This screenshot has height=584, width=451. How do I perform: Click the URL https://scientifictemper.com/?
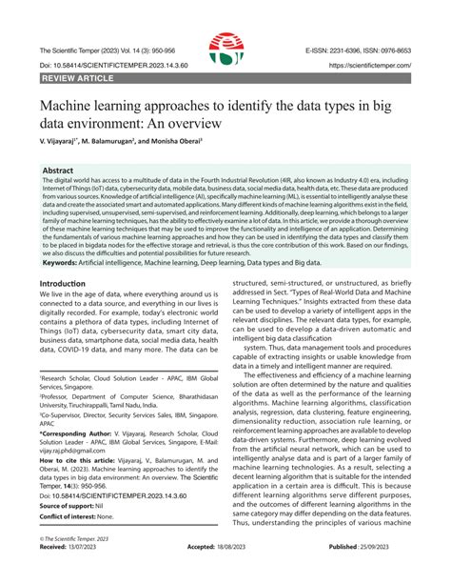tap(370, 67)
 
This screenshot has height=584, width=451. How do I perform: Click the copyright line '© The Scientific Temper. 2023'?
tap(82, 565)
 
